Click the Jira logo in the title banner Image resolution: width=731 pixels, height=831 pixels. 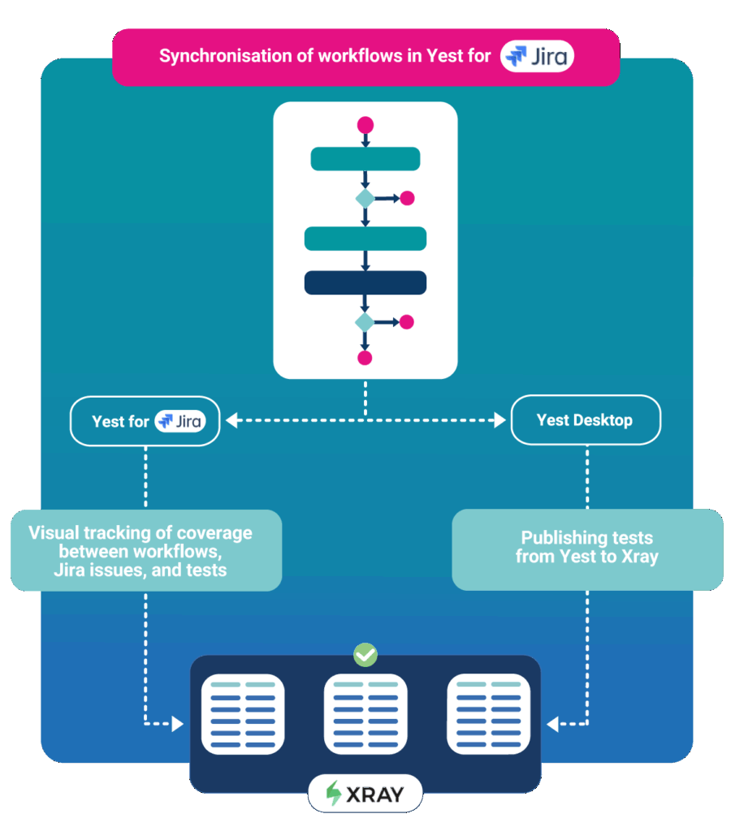point(537,56)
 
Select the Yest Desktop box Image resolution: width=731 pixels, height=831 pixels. point(585,420)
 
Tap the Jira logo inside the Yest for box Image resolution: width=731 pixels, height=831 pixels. point(180,421)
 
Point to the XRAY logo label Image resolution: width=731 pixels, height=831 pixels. point(365,794)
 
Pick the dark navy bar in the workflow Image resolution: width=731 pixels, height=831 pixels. point(365,282)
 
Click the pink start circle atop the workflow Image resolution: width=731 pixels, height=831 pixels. point(365,125)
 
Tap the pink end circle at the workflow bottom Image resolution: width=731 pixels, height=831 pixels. point(365,358)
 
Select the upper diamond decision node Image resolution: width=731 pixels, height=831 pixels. point(365,198)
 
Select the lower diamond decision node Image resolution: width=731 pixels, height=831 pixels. point(365,322)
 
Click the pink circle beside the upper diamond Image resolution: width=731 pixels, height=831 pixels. point(407,198)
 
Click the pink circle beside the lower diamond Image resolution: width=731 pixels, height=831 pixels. point(407,322)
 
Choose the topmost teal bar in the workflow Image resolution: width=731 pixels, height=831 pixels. point(365,159)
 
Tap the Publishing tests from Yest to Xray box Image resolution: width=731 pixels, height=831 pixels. point(586,548)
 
